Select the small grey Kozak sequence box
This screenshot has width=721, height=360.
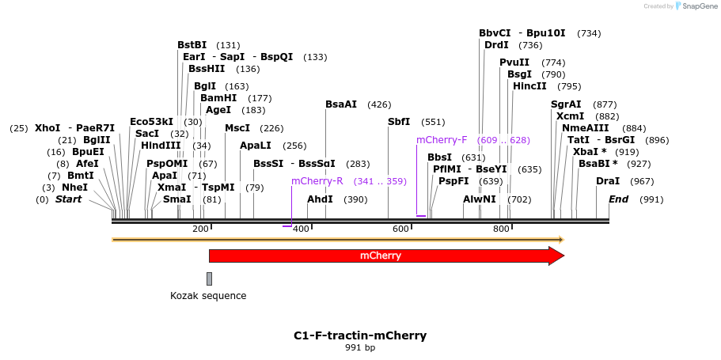[x=209, y=279]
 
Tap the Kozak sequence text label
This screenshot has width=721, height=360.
[x=208, y=296]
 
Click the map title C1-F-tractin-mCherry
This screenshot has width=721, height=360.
[x=360, y=335]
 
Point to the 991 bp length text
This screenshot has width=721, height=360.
[x=360, y=348]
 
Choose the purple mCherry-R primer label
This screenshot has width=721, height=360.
[x=317, y=181]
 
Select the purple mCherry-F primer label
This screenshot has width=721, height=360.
[x=442, y=140]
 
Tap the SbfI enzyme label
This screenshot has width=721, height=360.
[x=399, y=122]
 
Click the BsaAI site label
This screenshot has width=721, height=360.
[x=341, y=104]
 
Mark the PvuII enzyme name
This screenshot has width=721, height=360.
[x=514, y=63]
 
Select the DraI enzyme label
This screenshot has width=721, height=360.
[x=608, y=181]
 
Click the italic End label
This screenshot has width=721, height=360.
[x=618, y=199]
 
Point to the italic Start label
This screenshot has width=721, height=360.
[x=68, y=199]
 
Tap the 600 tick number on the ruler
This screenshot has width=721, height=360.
[x=400, y=229]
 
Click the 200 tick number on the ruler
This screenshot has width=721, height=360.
[x=200, y=229]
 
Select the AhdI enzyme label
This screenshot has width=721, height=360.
[x=320, y=199]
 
